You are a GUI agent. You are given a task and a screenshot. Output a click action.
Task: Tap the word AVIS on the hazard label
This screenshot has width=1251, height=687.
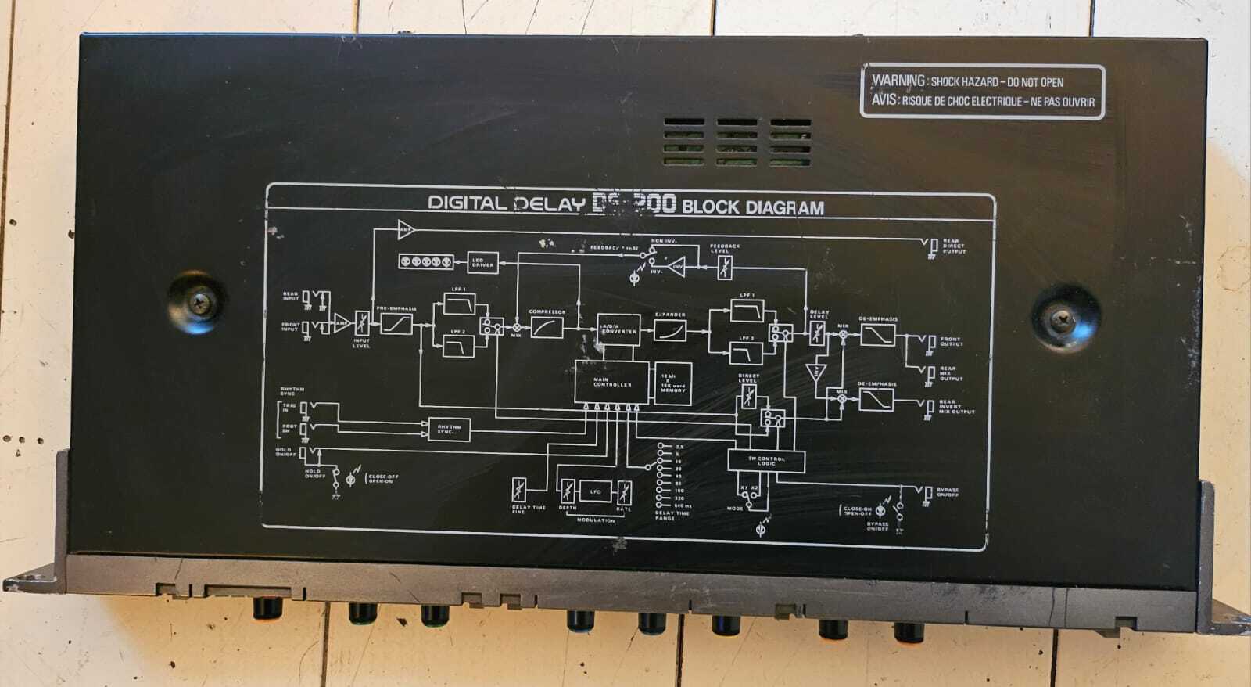[885, 100]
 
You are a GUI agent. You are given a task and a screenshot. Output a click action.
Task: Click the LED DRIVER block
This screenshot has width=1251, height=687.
[482, 263]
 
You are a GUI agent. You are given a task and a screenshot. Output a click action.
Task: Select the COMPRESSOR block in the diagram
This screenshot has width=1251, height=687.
[547, 327]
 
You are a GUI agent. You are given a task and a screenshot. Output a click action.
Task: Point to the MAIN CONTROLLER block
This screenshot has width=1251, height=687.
[611, 382]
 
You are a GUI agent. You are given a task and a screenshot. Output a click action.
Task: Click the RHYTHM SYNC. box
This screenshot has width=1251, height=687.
[450, 429]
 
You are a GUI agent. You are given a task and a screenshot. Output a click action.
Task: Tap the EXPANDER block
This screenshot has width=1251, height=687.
[670, 329]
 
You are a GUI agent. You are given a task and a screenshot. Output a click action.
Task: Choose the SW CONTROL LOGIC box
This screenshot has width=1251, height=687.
[765, 461]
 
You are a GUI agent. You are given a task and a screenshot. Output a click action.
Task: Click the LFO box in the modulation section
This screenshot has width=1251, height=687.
[596, 491]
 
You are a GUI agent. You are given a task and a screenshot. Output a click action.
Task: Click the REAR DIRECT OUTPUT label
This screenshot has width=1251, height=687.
[953, 246]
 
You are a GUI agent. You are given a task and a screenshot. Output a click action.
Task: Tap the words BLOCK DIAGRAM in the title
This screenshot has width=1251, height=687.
[753, 207]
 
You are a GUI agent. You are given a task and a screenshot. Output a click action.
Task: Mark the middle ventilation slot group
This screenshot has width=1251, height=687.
[737, 142]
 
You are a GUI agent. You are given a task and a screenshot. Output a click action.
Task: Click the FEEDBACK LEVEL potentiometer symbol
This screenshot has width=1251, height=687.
[725, 267]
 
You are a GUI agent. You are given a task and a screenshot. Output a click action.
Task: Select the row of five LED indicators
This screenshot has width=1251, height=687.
[426, 261]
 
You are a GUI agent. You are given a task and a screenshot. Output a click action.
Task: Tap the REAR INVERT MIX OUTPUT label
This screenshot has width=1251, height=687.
[955, 407]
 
